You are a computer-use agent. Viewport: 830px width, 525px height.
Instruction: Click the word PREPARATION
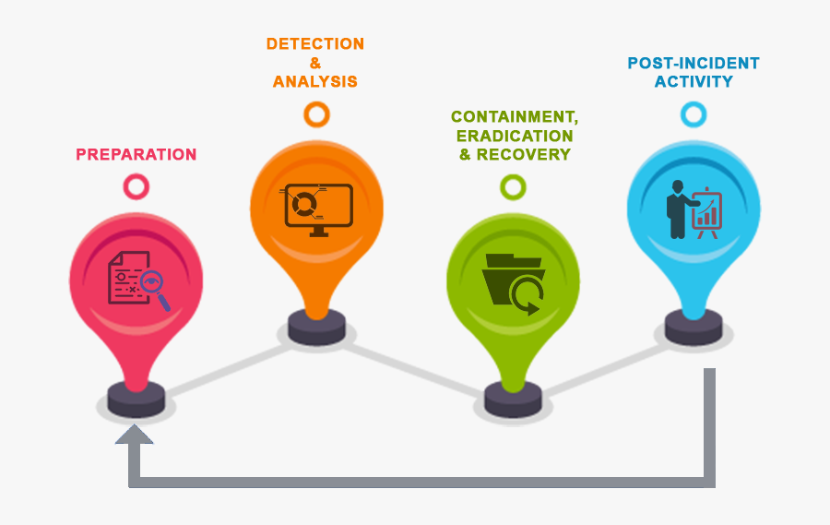(x=136, y=154)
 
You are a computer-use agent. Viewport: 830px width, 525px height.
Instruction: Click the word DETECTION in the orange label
(x=314, y=44)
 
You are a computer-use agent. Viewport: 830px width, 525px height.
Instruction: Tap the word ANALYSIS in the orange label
(x=314, y=82)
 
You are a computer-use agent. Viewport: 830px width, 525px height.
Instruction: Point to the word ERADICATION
(x=515, y=136)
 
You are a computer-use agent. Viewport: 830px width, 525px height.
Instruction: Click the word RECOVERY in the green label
(x=524, y=154)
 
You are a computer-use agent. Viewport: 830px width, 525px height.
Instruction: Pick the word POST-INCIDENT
(x=694, y=64)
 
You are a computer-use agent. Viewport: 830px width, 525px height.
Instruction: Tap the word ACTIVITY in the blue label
(x=694, y=82)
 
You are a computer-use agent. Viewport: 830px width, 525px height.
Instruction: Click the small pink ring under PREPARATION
(x=136, y=187)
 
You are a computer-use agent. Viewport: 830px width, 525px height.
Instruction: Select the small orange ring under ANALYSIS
(x=316, y=114)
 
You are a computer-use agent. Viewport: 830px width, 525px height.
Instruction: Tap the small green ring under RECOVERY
(x=513, y=187)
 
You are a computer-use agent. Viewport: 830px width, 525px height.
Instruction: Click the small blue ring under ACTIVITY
(x=694, y=114)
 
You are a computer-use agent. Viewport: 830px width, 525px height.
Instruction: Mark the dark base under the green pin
(x=514, y=400)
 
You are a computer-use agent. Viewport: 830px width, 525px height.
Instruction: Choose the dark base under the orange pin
(x=316, y=326)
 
